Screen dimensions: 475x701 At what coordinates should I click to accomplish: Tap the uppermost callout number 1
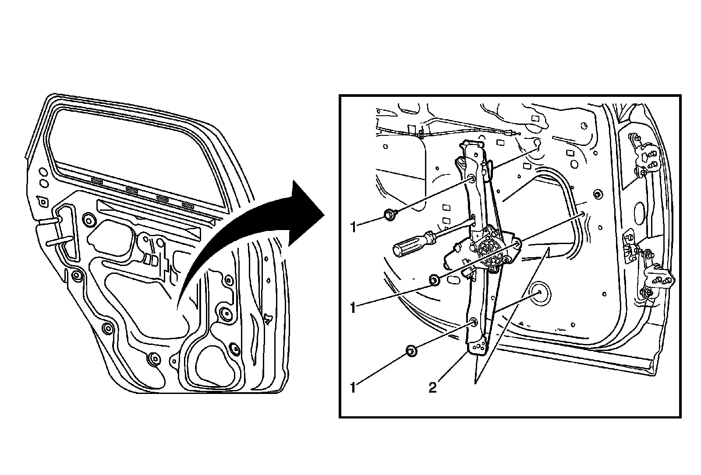pos(352,227)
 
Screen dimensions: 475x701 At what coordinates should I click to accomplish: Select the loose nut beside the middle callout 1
pos(434,279)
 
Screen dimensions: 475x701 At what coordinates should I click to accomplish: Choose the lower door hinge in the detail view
pos(657,276)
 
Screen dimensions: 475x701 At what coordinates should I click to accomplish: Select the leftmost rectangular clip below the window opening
pos(97,180)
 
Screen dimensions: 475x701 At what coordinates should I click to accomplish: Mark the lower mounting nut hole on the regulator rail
pos(474,323)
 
